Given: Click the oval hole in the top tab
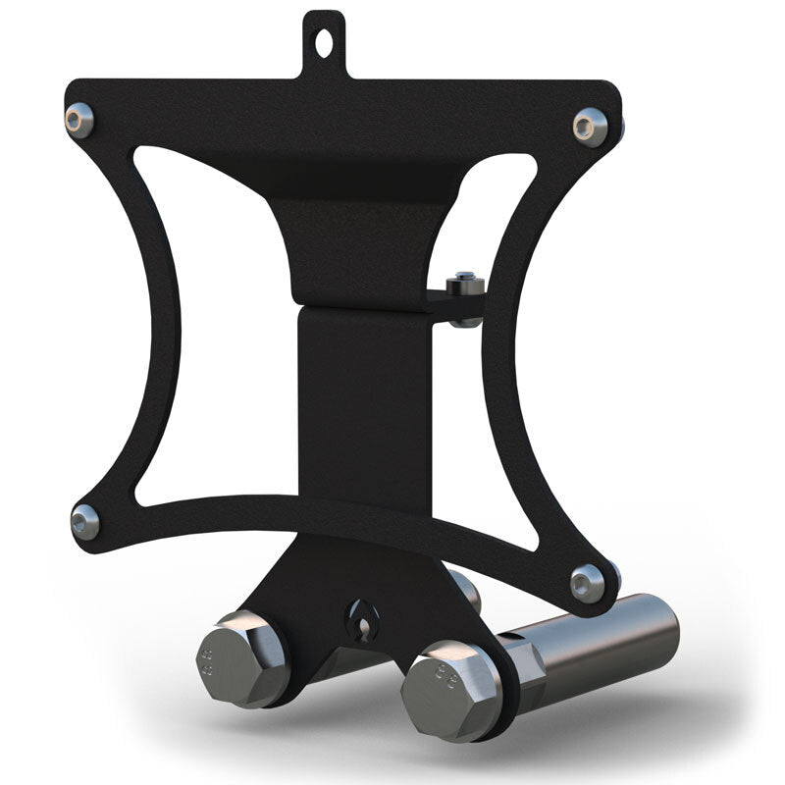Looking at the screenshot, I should coord(324,42).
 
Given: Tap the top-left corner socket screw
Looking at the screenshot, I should coord(78,119).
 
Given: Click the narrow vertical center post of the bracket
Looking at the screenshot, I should coord(365,392).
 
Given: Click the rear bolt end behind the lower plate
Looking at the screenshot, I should coord(467,589).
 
